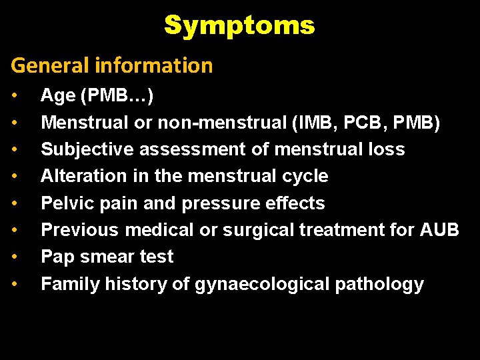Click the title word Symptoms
coord(239,25)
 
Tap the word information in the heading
coord(154,65)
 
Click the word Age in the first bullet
coord(58,96)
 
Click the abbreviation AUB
coord(439,230)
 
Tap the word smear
coord(107,257)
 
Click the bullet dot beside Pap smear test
coord(15,257)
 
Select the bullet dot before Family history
coord(15,284)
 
